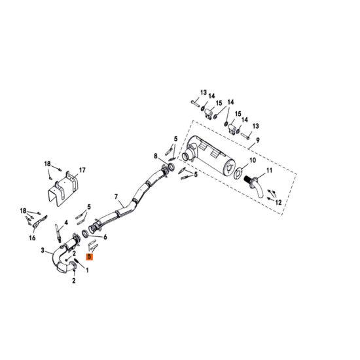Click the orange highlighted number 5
pos(89,257)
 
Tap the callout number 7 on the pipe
pos(116,197)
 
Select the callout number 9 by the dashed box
pos(258,140)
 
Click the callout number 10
pos(253,160)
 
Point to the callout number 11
pos(269,170)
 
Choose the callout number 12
pos(278,202)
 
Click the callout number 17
pos(82,170)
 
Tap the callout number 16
pos(32,238)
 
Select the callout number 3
pos(43,250)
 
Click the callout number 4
pos(66,223)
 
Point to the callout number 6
pos(105,237)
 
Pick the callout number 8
pos(156,156)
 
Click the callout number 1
pos(87,270)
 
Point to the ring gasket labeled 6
pos(85,234)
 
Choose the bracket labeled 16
pos(39,222)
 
